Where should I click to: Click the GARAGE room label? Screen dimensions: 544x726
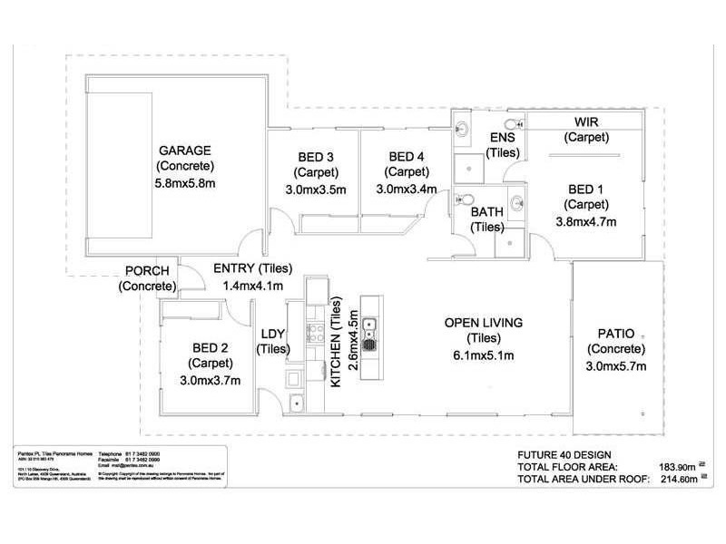pyautogui.click(x=185, y=150)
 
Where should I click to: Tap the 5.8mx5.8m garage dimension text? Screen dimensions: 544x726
pyautogui.click(x=185, y=183)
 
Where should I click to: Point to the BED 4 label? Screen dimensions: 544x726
pyautogui.click(x=406, y=155)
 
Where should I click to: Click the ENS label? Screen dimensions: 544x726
pyautogui.click(x=502, y=137)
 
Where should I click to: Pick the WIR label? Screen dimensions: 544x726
pyautogui.click(x=585, y=121)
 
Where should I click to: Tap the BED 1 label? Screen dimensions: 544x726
pyautogui.click(x=585, y=189)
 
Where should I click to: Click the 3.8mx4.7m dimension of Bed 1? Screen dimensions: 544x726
pyautogui.click(x=585, y=220)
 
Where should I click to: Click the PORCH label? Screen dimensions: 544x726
pyautogui.click(x=147, y=271)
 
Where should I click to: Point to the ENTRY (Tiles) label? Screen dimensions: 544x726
pyautogui.click(x=250, y=268)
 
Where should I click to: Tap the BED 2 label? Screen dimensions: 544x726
pyautogui.click(x=211, y=347)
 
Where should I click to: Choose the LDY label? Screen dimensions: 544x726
pyautogui.click(x=273, y=333)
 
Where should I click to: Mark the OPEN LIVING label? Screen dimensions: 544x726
pyautogui.click(x=484, y=323)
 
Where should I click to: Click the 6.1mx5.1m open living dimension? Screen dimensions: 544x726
pyautogui.click(x=484, y=355)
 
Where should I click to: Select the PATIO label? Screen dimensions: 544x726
pyautogui.click(x=616, y=333)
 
